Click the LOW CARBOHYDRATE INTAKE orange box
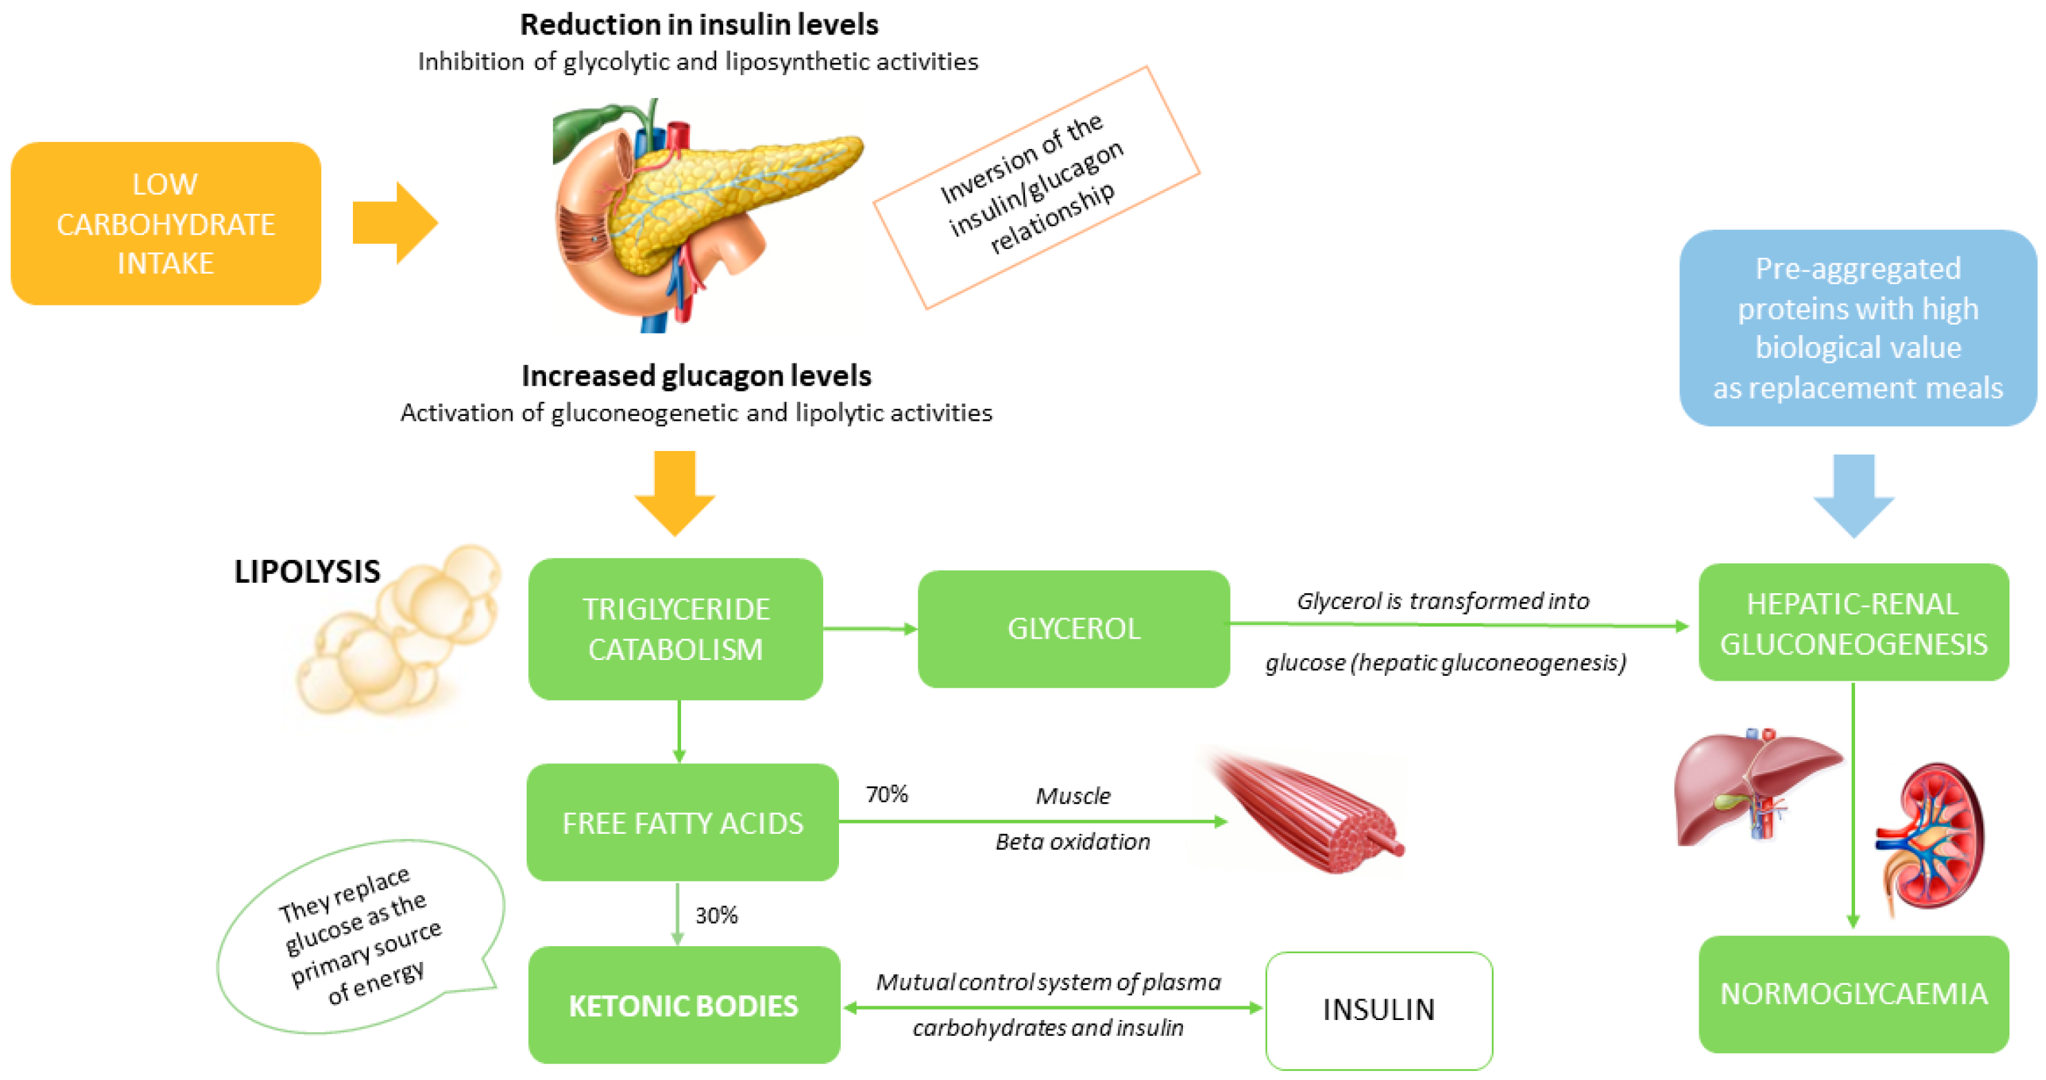click(x=165, y=223)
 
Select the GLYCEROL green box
click(x=1073, y=628)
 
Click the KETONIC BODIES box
click(x=683, y=1006)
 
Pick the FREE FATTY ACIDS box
click(x=682, y=823)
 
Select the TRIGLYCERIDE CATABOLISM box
click(x=675, y=628)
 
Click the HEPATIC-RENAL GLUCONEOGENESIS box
click(x=1853, y=622)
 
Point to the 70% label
click(x=887, y=794)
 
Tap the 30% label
click(x=716, y=915)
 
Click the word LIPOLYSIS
click(x=307, y=572)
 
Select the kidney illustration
click(x=1930, y=839)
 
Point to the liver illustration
click(x=1752, y=787)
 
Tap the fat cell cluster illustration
click(x=401, y=632)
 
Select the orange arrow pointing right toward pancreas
click(x=395, y=223)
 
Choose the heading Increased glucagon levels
click(x=696, y=375)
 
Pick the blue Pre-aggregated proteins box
click(x=1857, y=328)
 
